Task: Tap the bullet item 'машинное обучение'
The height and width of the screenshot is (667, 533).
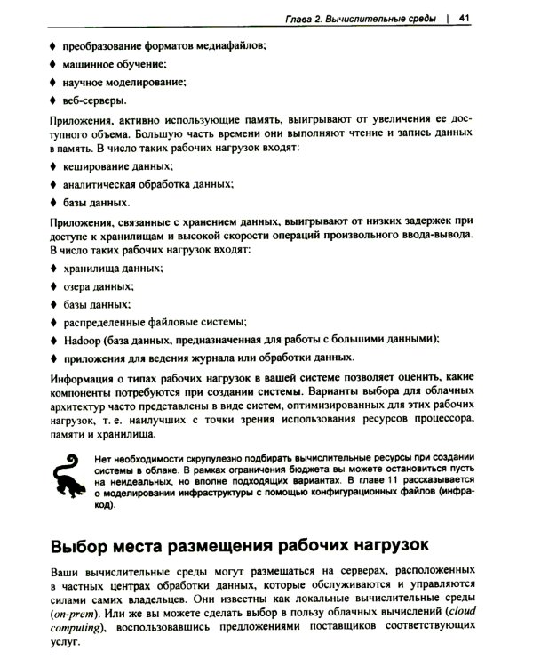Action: pyautogui.click(x=115, y=64)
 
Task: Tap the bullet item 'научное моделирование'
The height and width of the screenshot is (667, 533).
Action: pyautogui.click(x=123, y=82)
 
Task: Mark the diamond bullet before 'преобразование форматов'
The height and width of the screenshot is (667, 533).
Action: pyautogui.click(x=50, y=44)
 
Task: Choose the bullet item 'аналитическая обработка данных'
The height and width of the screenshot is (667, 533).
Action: pyautogui.click(x=147, y=185)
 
